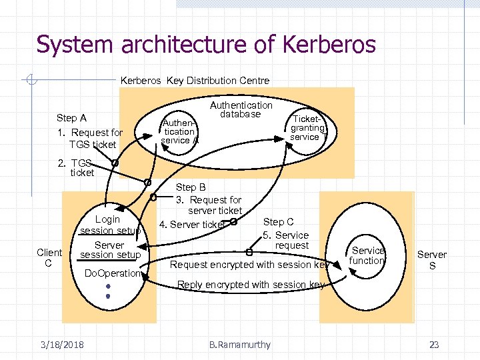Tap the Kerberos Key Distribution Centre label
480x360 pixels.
(195, 81)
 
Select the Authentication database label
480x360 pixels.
(241, 110)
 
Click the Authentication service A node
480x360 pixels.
(179, 131)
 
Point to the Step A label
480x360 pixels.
(71, 118)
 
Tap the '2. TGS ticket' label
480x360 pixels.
(77, 167)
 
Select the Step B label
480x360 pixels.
(191, 187)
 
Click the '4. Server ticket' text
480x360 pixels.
(192, 225)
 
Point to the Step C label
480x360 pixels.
(278, 222)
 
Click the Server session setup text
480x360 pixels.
(109, 250)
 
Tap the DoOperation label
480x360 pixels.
(113, 273)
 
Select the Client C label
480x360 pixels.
(49, 257)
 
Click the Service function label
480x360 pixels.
(368, 255)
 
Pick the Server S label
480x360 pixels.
(432, 260)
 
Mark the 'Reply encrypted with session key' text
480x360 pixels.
(251, 285)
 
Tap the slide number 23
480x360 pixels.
(434, 345)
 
